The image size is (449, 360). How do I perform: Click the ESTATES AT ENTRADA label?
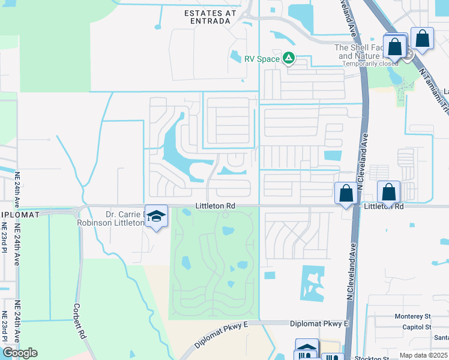(x=206, y=16)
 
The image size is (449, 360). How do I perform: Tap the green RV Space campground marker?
(x=289, y=58)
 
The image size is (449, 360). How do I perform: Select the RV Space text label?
(x=262, y=59)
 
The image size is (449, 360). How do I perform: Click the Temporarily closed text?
(x=370, y=64)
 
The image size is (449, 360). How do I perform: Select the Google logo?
(x=20, y=353)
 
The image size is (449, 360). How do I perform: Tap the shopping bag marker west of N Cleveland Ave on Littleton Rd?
(x=346, y=193)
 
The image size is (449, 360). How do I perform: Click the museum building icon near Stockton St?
(x=307, y=349)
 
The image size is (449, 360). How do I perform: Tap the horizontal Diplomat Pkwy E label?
(x=319, y=323)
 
